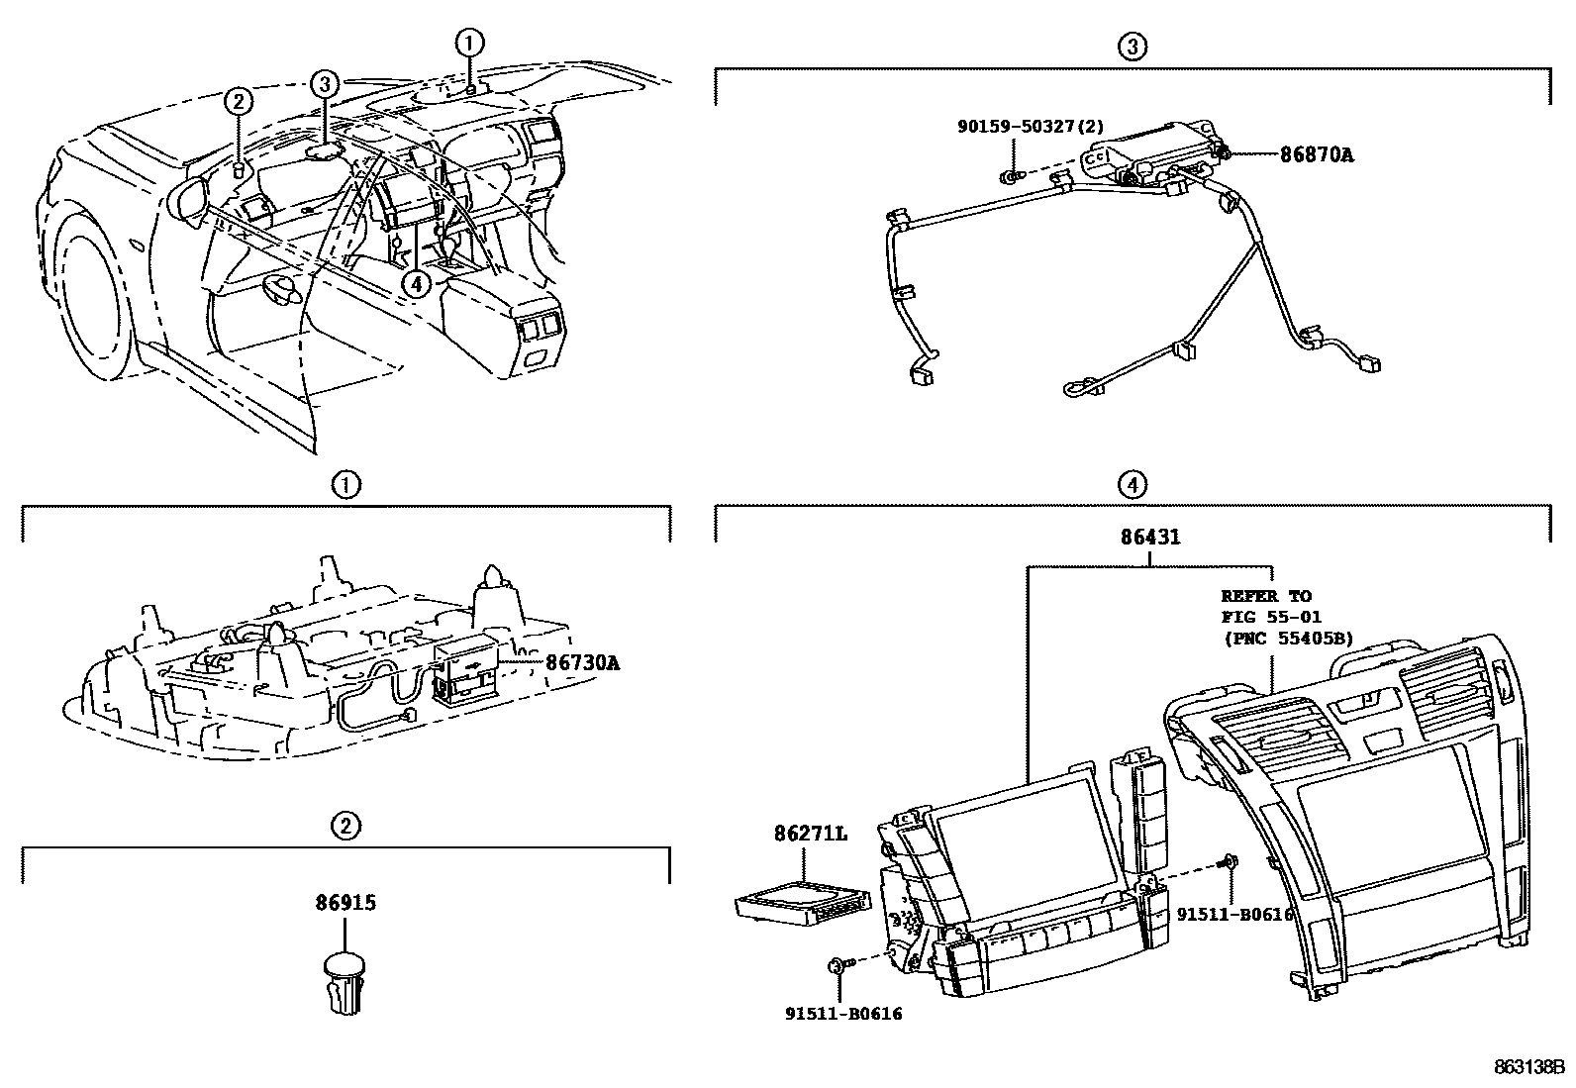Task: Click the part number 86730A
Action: point(582,662)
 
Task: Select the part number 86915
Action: point(346,903)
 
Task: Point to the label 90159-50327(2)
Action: point(1031,126)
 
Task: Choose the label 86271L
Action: point(811,835)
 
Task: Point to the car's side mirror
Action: point(189,198)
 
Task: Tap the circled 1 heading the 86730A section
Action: point(345,485)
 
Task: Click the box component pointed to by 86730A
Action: point(466,667)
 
